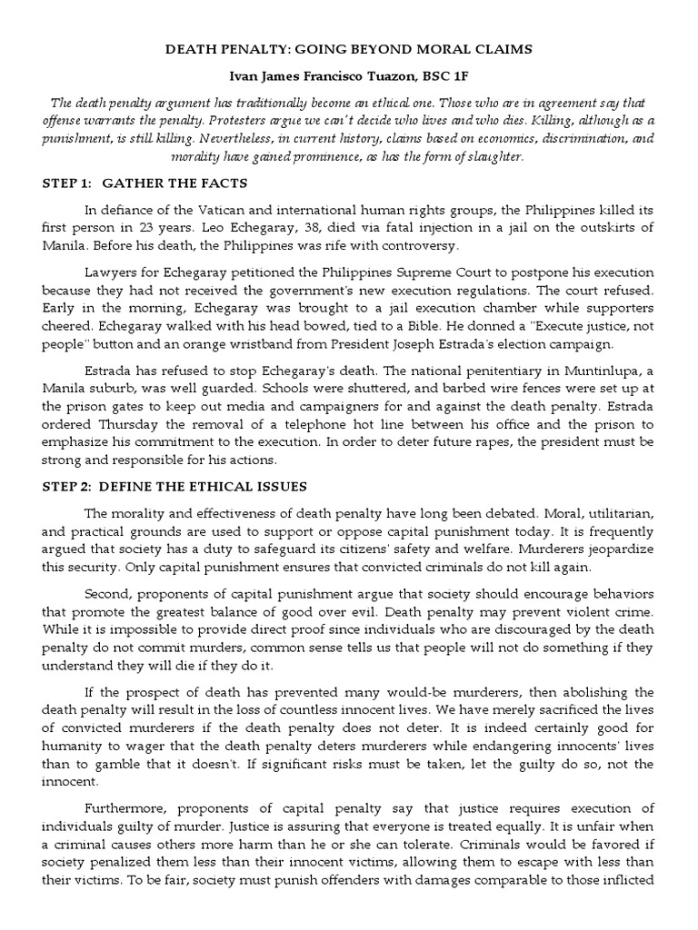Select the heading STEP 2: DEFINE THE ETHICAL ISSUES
(x=174, y=487)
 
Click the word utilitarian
(x=610, y=513)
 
